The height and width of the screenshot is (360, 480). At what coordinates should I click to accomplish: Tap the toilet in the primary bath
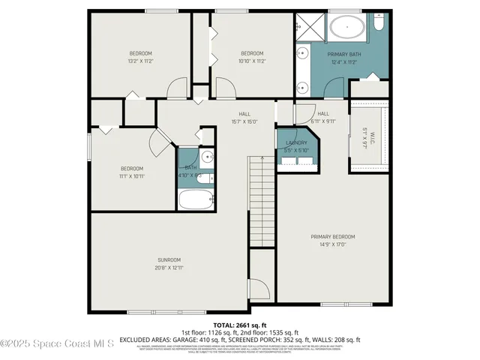[379, 25]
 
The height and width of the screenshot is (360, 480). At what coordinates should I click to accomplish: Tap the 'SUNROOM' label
[169, 259]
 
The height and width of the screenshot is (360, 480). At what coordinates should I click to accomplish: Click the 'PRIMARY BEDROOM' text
[333, 236]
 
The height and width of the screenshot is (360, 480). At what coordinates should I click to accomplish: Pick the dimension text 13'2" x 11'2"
[141, 61]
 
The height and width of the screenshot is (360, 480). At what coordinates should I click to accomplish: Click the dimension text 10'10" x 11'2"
[252, 61]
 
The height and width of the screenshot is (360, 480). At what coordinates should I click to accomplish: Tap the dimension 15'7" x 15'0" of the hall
[244, 121]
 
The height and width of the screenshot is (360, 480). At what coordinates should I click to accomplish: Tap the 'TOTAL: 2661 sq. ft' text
[240, 324]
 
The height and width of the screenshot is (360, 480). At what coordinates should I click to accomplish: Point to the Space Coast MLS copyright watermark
[57, 344]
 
